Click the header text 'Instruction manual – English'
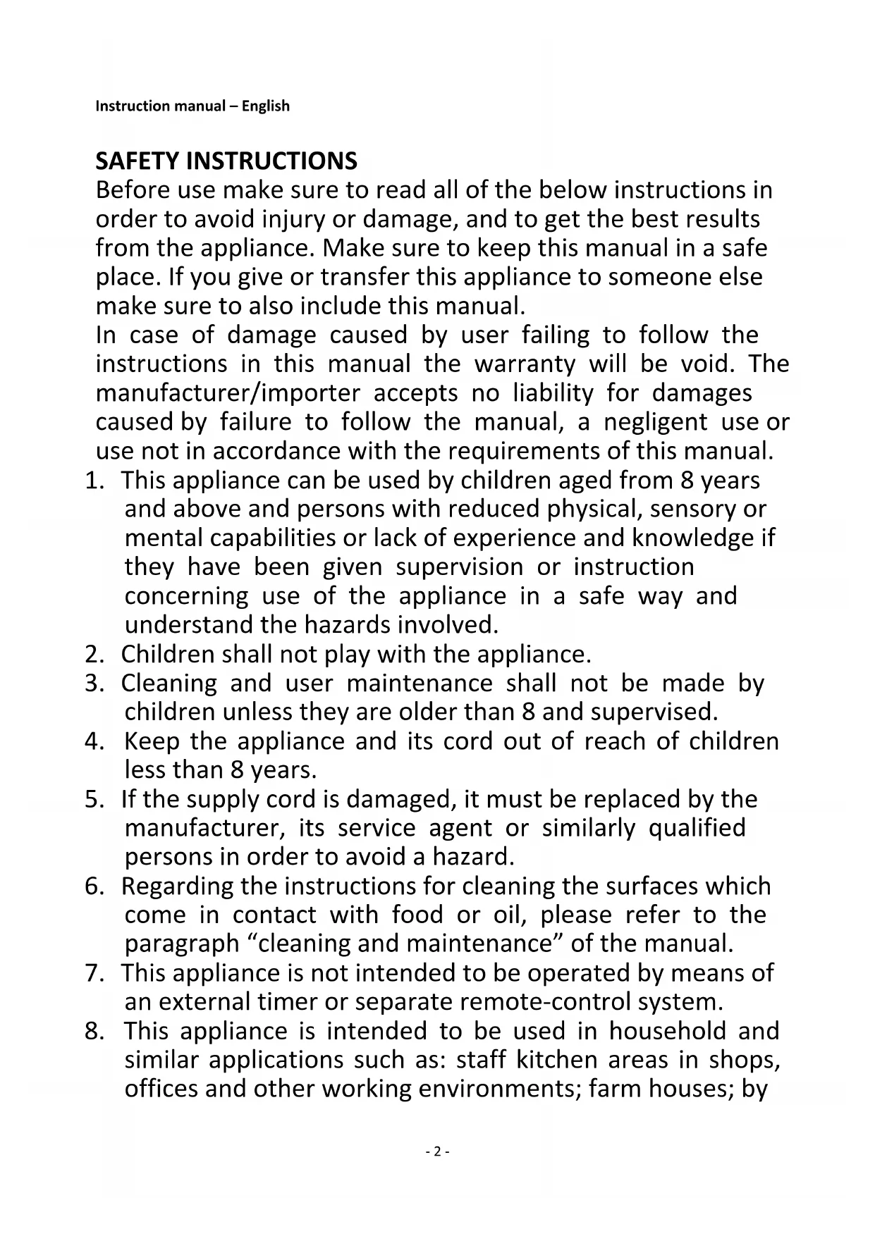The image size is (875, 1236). (192, 106)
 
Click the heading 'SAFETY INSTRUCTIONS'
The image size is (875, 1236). (226, 161)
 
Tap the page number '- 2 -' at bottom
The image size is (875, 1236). (437, 1151)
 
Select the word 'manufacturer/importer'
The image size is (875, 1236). (228, 393)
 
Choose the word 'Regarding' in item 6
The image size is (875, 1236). (177, 886)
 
